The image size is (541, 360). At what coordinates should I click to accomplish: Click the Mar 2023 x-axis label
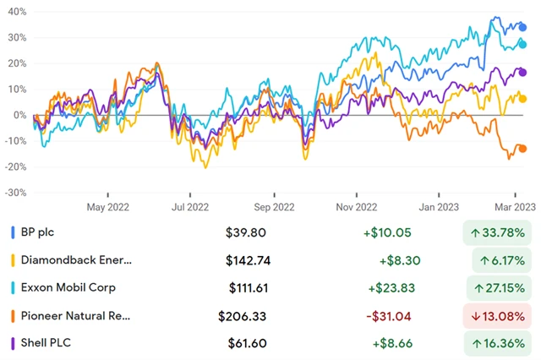pos(516,206)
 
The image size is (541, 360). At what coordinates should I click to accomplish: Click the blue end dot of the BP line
pos(522,27)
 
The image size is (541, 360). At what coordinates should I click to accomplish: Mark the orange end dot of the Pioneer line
pos(522,149)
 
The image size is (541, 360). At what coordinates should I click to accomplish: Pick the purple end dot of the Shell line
pos(522,72)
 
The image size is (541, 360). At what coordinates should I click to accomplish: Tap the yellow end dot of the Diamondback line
pos(522,99)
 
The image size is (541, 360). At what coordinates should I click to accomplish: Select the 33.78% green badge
pos(502,232)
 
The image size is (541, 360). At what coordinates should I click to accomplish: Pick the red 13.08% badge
pos(502,316)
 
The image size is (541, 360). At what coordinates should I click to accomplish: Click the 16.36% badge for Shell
pos(502,344)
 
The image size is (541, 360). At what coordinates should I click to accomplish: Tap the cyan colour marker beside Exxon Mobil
pos(12,288)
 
